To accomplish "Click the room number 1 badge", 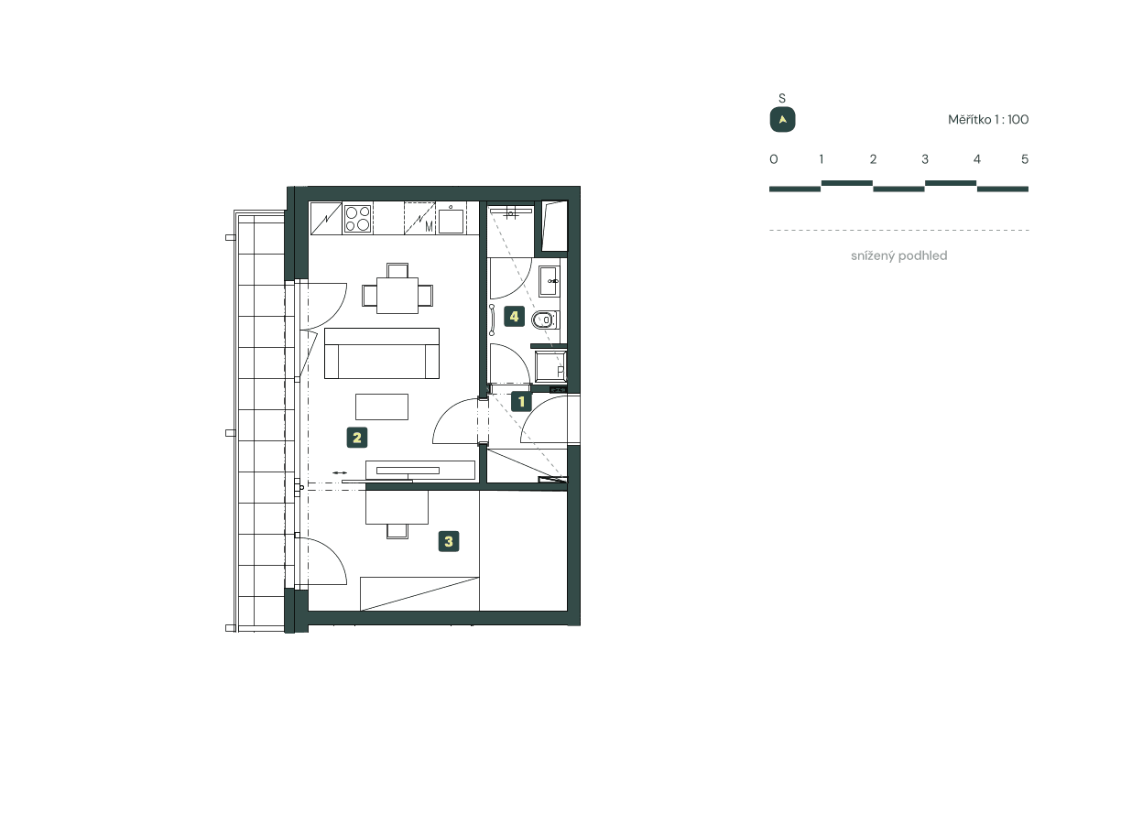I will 521,400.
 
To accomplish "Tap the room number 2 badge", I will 357,438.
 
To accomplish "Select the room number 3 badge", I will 448,542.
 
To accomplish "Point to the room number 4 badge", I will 514,318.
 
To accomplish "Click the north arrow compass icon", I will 782,120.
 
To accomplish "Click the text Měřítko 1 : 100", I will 988,120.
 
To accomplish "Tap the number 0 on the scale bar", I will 774,159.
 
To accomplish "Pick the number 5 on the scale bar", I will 1025,159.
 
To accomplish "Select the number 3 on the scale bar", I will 925,159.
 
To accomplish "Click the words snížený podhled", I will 898,256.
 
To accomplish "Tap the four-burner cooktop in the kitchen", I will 357,219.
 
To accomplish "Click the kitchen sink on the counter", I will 451,220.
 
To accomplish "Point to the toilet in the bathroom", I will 544,320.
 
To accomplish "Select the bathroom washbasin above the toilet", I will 550,281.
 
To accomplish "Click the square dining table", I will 397,295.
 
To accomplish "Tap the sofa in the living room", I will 382,353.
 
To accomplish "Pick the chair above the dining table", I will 397,270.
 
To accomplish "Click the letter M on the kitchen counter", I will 428,226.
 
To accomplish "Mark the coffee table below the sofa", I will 382,407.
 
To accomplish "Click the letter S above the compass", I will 782,98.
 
